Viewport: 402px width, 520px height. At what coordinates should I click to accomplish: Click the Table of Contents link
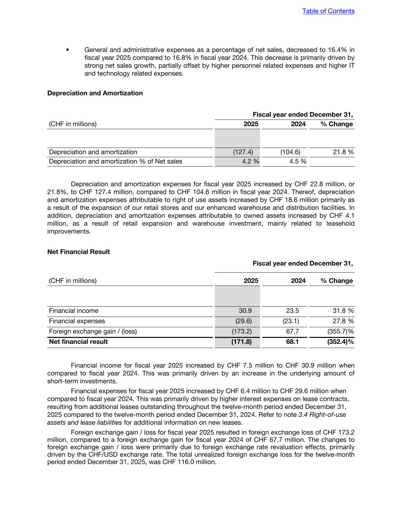pos(328,11)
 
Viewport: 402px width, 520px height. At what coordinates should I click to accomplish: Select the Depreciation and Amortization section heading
pos(95,93)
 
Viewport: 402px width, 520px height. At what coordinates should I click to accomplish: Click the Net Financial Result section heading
pos(78,252)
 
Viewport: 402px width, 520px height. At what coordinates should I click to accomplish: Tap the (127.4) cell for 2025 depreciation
pos(243,152)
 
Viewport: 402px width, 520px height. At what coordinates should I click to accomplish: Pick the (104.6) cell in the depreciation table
pos(290,152)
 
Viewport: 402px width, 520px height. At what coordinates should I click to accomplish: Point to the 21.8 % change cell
pos(343,152)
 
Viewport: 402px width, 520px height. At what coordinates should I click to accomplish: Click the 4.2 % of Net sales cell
pos(250,162)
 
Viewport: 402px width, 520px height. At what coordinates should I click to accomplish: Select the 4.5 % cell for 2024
pos(298,162)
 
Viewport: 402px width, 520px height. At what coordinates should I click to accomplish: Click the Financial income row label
pos(74,311)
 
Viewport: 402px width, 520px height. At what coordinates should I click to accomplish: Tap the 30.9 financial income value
pos(245,311)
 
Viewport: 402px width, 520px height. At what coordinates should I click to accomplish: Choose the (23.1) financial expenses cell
pos(291,321)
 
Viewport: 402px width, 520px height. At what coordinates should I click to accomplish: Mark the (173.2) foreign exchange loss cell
pos(242,331)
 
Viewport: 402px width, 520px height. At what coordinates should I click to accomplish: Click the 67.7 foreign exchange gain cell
pos(292,331)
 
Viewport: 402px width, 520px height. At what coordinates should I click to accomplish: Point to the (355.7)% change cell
pos(340,331)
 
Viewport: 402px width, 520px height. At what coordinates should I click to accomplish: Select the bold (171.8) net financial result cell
pos(242,342)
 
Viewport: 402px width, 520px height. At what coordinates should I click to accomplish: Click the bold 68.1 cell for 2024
pos(292,342)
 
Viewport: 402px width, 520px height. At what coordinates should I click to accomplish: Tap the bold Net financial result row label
pos(78,342)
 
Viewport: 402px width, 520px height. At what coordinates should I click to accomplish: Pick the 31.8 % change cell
pos(343,311)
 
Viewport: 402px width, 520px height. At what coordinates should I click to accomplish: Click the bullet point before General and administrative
pos(67,50)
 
